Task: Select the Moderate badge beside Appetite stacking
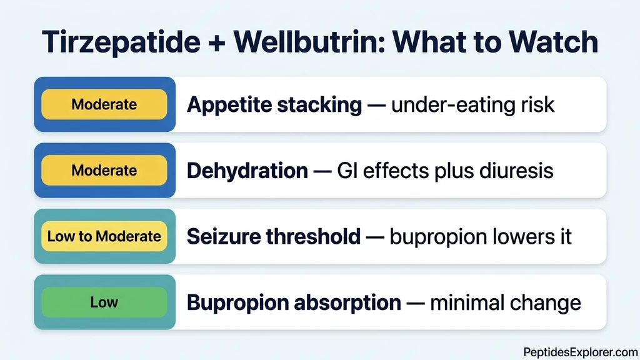104,104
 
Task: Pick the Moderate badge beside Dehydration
104,170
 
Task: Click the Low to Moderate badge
104,236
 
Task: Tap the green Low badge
104,302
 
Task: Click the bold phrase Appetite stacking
274,105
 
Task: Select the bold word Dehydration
247,171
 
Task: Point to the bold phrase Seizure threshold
274,236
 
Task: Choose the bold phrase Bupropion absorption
294,302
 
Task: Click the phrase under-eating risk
472,104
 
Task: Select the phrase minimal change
506,302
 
